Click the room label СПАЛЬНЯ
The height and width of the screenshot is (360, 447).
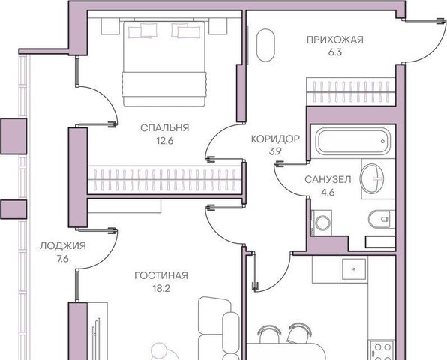[x=165, y=127]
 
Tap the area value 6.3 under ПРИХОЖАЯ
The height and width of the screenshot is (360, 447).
[x=335, y=52]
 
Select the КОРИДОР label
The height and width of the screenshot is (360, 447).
[x=275, y=139]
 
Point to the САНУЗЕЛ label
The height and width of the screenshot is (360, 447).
[x=328, y=179]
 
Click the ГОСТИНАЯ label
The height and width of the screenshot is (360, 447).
[x=161, y=275]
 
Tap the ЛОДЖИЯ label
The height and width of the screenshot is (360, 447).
[x=63, y=246]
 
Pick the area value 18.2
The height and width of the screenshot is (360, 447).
[x=161, y=289]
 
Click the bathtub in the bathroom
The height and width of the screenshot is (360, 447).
[x=354, y=142]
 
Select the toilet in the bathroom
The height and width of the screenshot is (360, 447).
[x=382, y=220]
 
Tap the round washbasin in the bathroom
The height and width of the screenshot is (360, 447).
[x=372, y=178]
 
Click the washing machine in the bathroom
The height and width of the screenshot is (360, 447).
[x=322, y=223]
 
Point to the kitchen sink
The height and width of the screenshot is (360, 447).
[x=354, y=268]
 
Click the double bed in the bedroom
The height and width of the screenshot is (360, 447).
[x=164, y=64]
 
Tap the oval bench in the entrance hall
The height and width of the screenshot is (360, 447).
[x=265, y=45]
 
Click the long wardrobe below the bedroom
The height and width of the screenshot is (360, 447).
[x=165, y=180]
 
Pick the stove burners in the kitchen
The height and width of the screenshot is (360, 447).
[x=382, y=351]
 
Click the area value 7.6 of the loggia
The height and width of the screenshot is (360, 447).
[x=63, y=259]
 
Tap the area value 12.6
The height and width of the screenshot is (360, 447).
[x=165, y=141]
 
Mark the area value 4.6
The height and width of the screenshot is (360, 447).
[x=328, y=193]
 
